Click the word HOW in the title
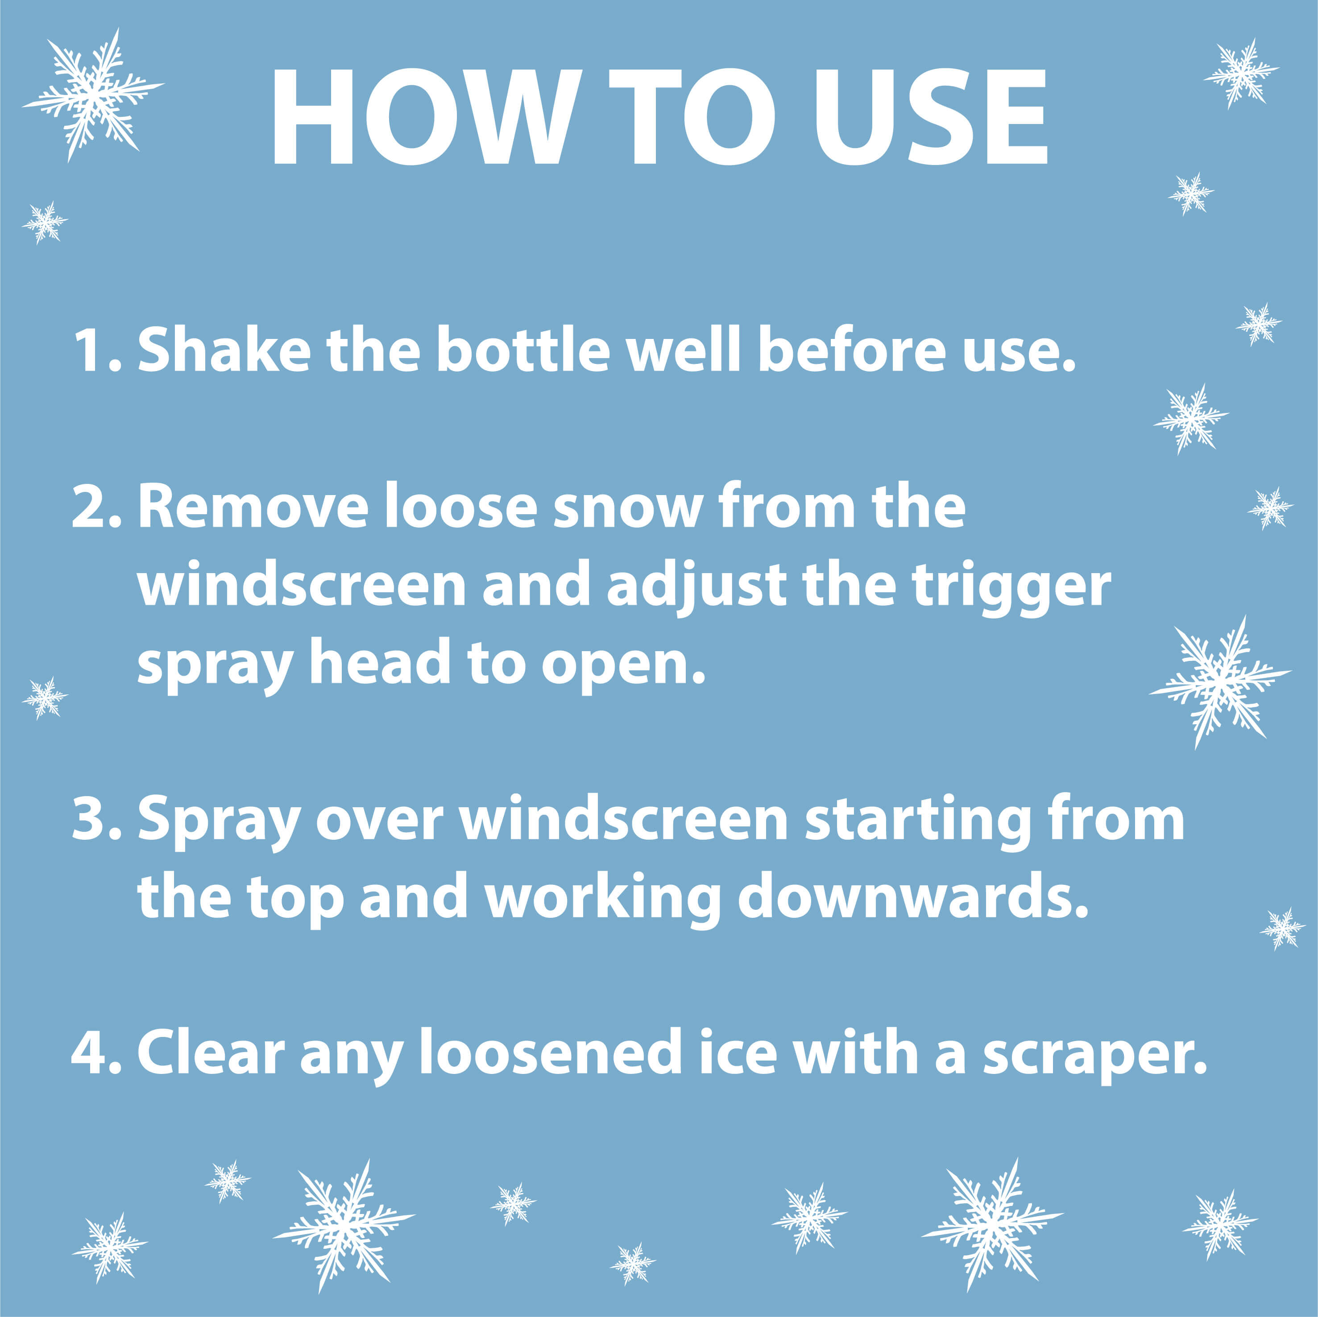pyautogui.click(x=427, y=117)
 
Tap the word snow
pyautogui.click(x=628, y=508)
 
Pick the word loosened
pyautogui.click(x=550, y=1053)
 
